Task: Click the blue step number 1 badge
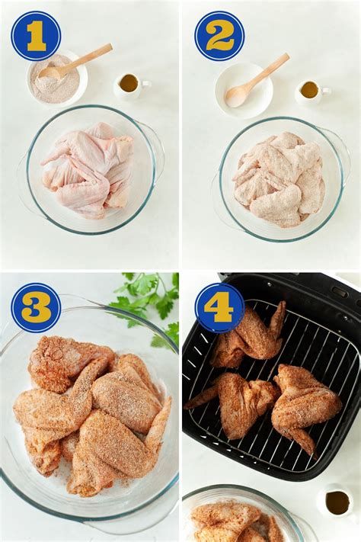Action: [x=36, y=36]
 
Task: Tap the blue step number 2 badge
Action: [x=219, y=36]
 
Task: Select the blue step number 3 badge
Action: [x=36, y=307]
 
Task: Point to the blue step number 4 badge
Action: [x=219, y=307]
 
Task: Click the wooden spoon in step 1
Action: [x=76, y=61]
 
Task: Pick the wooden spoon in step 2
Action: [x=257, y=79]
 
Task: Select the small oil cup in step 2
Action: [x=311, y=91]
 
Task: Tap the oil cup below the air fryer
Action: [x=337, y=502]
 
